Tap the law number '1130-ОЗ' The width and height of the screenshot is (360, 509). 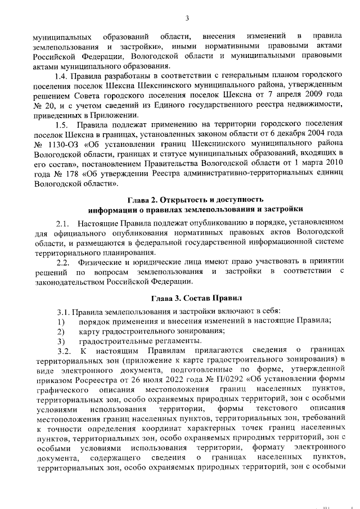[62, 143]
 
